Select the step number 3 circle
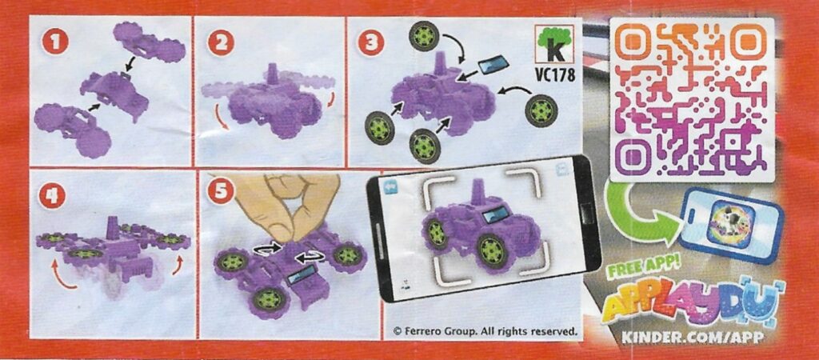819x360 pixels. (371, 43)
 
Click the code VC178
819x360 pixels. (554, 75)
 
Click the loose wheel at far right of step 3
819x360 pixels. (541, 110)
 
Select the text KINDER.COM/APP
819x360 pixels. (693, 338)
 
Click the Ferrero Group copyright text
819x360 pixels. (485, 330)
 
